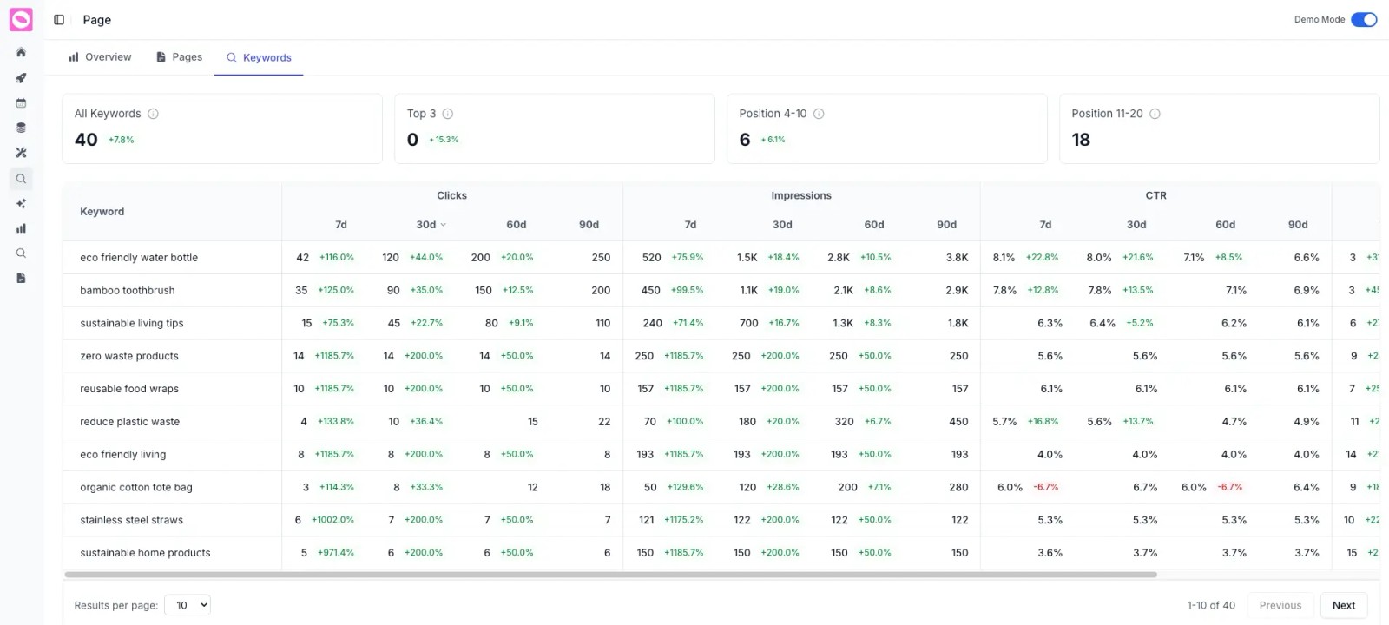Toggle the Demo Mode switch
click(1363, 20)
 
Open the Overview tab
click(100, 57)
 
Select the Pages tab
click(179, 57)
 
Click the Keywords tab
click(259, 58)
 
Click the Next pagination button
click(1343, 605)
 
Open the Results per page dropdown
click(188, 605)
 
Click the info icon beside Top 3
click(448, 114)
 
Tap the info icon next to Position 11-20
click(1155, 114)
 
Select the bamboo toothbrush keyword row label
click(128, 291)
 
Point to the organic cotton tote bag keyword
click(136, 488)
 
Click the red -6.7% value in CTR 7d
click(1045, 488)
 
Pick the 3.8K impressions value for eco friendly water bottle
click(957, 258)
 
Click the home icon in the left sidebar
click(21, 53)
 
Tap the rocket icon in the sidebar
click(21, 78)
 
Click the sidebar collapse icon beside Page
click(59, 20)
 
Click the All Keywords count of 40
click(86, 140)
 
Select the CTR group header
click(1155, 196)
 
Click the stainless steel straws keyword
click(131, 521)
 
